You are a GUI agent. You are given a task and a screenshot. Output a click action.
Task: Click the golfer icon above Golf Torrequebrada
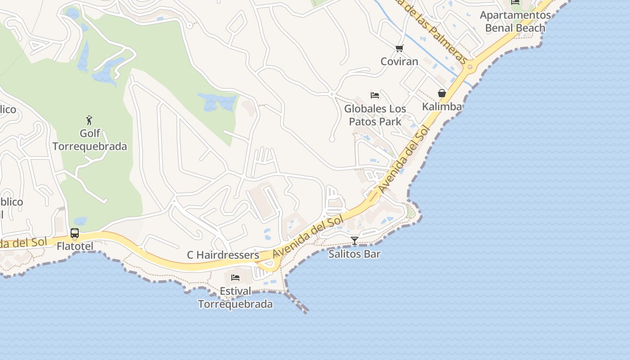pos(89,120)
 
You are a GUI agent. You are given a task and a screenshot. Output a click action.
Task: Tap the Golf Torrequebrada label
pos(90,140)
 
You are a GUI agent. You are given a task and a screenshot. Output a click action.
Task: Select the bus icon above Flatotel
pos(75,234)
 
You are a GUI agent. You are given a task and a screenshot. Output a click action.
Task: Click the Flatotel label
pos(75,246)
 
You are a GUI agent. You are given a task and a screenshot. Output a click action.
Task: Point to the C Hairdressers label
pos(223,255)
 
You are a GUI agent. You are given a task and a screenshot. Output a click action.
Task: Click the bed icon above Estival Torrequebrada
pos(235,278)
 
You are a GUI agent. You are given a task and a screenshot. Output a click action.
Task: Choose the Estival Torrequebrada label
pos(235,298)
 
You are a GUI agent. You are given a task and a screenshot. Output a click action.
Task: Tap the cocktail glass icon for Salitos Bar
pos(355,241)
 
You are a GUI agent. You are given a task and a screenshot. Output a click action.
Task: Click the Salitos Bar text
pos(355,254)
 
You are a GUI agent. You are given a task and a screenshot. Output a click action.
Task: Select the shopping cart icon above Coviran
pos(399,48)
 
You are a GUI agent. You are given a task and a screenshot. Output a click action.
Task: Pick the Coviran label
pos(400,61)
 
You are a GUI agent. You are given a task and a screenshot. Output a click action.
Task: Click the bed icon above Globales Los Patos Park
pos(374,95)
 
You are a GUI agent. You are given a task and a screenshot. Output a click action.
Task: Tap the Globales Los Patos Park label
pos(375,115)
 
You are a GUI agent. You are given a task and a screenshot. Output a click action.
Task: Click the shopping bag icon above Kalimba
pos(442,93)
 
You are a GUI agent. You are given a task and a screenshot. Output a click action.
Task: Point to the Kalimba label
pos(442,107)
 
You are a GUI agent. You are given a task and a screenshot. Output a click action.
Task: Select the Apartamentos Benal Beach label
pos(515,21)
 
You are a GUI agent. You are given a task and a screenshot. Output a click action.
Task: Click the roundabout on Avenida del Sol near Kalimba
pos(470,67)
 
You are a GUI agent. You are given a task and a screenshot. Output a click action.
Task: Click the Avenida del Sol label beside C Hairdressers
pos(308,236)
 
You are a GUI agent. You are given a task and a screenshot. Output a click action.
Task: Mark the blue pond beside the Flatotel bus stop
pos(81,221)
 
